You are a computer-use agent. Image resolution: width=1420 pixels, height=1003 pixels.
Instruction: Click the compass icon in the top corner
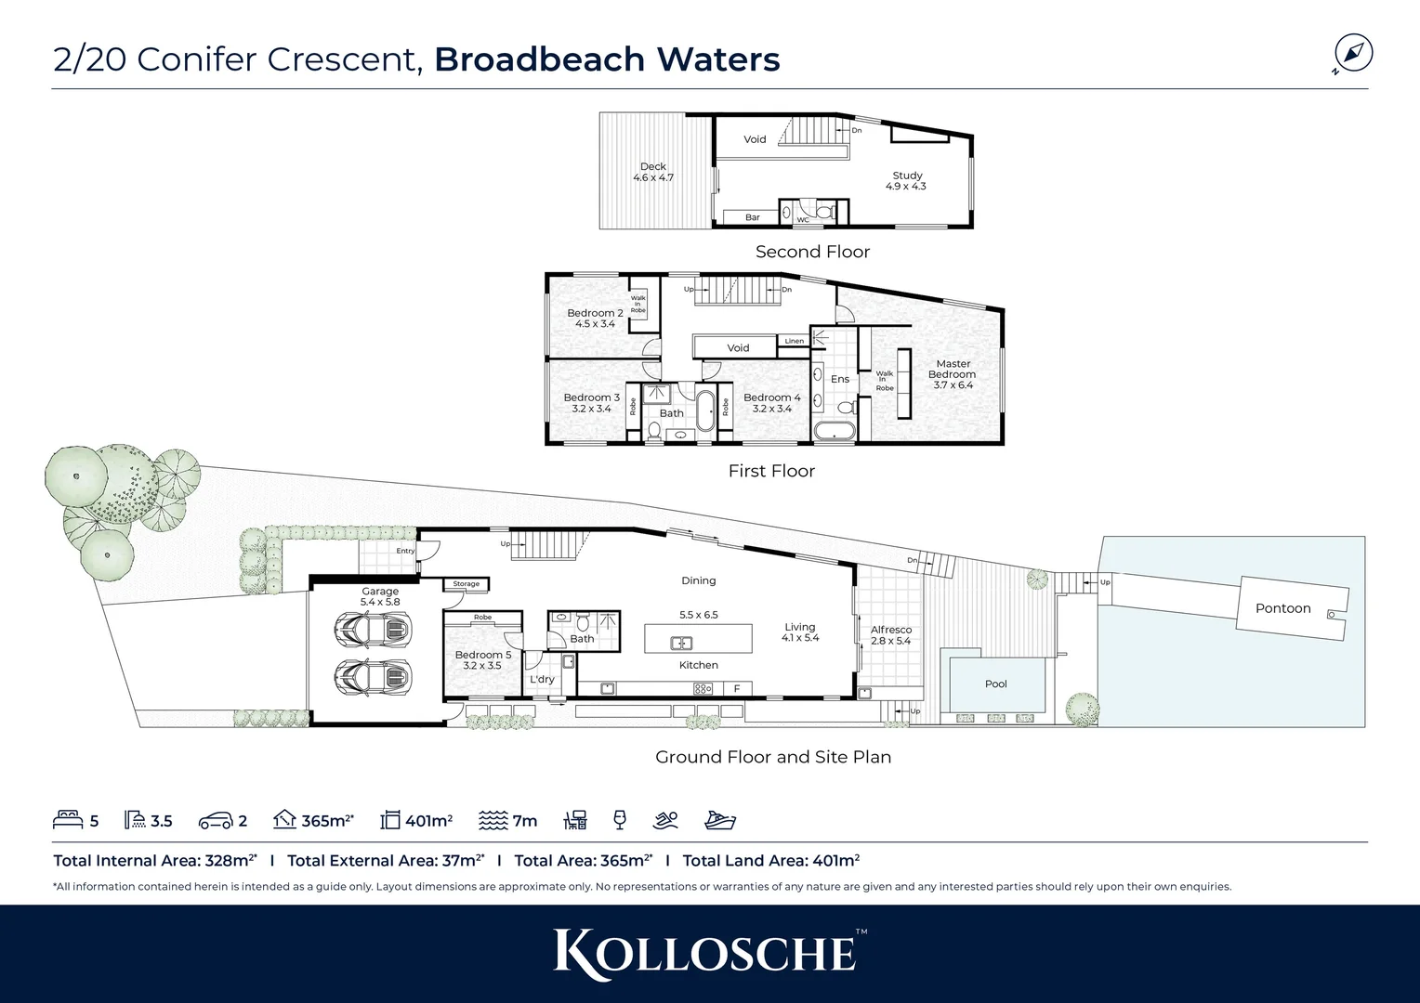pyautogui.click(x=1353, y=53)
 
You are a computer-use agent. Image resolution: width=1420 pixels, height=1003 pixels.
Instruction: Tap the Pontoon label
pyautogui.click(x=1282, y=608)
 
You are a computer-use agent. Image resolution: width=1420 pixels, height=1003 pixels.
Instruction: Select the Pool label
pyautogui.click(x=995, y=684)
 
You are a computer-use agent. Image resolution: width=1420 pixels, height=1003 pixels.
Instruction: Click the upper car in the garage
pyautogui.click(x=372, y=632)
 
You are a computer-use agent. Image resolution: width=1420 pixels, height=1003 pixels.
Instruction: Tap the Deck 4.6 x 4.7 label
pyautogui.click(x=652, y=172)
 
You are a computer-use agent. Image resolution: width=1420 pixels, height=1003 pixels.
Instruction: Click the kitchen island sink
pyautogui.click(x=681, y=642)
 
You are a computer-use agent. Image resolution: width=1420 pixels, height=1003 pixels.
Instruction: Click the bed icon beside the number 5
pyautogui.click(x=69, y=820)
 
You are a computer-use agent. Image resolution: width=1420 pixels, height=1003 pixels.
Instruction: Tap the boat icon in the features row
pyautogui.click(x=719, y=820)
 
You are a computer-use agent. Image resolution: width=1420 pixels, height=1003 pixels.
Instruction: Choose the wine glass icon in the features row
pyautogui.click(x=620, y=819)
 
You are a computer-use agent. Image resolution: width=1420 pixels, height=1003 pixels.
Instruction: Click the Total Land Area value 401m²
pyautogui.click(x=835, y=860)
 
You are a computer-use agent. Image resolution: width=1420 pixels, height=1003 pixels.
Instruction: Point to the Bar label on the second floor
pyautogui.click(x=752, y=217)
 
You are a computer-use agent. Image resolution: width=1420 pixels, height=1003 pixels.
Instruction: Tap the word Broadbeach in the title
pyautogui.click(x=540, y=59)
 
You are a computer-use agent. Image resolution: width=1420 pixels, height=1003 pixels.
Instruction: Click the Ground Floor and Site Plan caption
pyautogui.click(x=772, y=757)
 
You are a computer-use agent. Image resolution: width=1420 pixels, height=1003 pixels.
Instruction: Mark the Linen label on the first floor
pyautogui.click(x=794, y=341)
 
